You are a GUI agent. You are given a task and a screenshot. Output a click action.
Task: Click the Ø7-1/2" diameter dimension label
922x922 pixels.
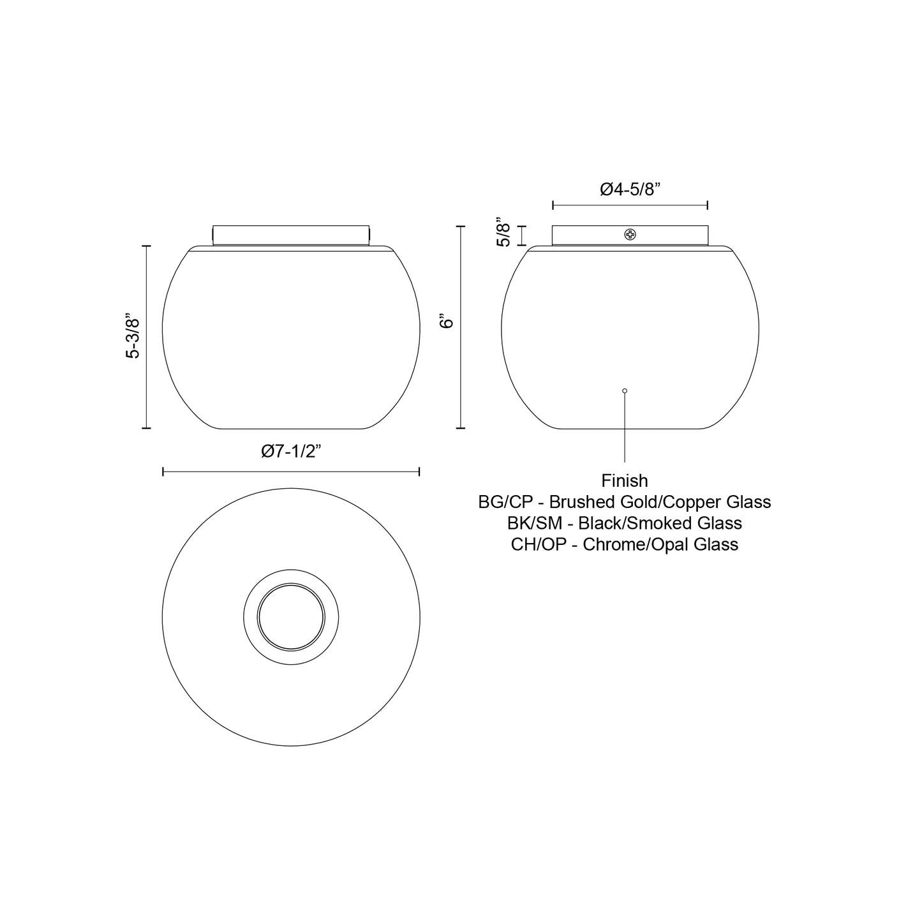tap(291, 451)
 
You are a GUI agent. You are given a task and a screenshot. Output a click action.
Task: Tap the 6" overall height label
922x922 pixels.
tap(447, 321)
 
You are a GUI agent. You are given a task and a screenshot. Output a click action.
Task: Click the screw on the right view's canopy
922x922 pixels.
tap(630, 235)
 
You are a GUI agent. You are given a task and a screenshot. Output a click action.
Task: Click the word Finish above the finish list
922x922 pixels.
tap(624, 480)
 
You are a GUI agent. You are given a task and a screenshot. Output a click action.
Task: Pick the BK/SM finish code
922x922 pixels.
tap(535, 523)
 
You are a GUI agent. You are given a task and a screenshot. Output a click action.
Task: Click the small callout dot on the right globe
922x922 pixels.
tap(625, 390)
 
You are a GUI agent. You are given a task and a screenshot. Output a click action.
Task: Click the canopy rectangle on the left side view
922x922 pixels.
tap(291, 234)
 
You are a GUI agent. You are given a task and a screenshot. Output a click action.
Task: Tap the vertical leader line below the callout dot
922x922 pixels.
tap(625, 428)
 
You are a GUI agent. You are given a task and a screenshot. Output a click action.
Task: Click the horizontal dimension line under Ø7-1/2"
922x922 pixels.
tap(291, 472)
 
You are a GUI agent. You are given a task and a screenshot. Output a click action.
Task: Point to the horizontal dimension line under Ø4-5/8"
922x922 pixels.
tap(630, 205)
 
